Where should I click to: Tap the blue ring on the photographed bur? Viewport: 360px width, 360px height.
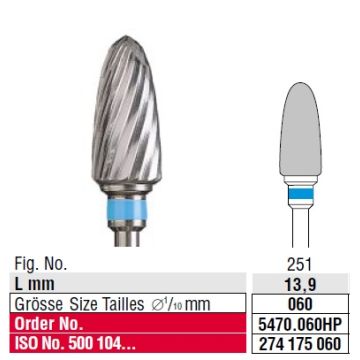[x=127, y=210]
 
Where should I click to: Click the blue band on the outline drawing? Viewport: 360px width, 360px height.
[x=301, y=193]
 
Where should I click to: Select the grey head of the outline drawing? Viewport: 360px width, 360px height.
[x=301, y=129]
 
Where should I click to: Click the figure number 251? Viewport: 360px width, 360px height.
[x=301, y=265]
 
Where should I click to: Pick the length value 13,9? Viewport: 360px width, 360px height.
[x=301, y=284]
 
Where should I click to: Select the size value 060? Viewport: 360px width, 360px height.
[x=301, y=304]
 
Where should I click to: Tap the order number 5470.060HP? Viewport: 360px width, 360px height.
[x=301, y=325]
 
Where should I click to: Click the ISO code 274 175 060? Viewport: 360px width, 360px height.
[x=301, y=343]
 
